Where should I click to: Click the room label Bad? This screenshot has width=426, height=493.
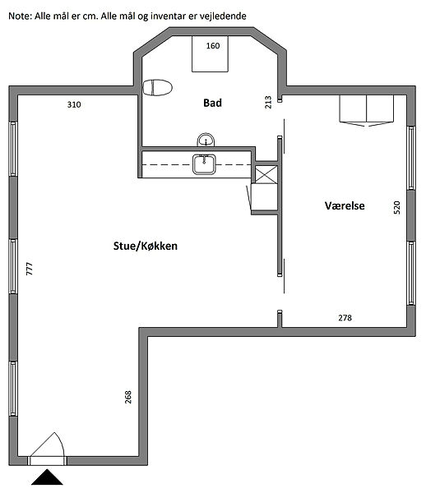click(x=212, y=103)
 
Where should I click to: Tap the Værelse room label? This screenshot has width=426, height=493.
click(x=345, y=206)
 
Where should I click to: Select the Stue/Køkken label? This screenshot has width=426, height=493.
click(x=146, y=246)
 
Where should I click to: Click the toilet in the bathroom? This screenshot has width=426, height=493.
click(x=157, y=87)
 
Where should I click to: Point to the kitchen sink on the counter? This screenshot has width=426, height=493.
click(x=204, y=164)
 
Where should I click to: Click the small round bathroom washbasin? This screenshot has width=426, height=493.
click(x=206, y=140)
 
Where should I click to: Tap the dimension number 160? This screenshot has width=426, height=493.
click(x=213, y=46)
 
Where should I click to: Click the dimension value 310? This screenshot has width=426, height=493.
click(x=74, y=104)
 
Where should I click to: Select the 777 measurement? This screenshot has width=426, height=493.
click(x=30, y=269)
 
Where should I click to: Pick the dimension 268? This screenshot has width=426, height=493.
click(x=128, y=397)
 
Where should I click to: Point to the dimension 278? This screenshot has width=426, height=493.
click(x=345, y=318)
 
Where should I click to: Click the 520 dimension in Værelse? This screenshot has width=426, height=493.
click(x=397, y=208)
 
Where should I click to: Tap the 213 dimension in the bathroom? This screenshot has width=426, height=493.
click(x=268, y=102)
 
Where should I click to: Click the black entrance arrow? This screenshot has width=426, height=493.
click(x=47, y=477)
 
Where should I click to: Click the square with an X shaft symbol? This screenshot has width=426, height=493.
click(x=266, y=174)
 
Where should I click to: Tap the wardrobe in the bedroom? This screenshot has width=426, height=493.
click(x=367, y=111)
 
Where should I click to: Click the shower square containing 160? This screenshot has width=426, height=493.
click(x=210, y=53)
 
